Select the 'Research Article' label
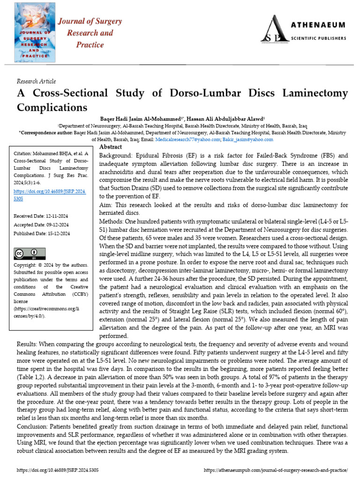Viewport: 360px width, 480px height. (36, 81)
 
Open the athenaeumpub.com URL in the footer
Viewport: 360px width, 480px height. (277, 470)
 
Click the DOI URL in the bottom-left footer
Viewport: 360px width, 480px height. (57, 470)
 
